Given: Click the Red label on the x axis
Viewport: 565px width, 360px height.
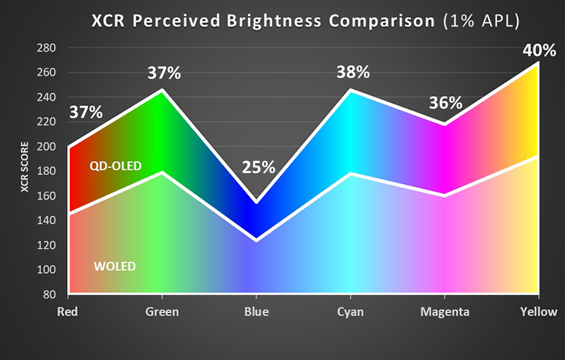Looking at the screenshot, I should point(69,312).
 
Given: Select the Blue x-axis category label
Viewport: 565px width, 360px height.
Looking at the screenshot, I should point(256,312).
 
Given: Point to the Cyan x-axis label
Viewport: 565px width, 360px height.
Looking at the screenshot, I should point(350,312).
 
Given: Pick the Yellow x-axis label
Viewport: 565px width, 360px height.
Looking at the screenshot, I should point(538,312).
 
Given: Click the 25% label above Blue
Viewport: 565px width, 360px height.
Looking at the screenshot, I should point(258,167).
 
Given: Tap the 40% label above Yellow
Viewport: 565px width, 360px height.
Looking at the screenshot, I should point(539,52).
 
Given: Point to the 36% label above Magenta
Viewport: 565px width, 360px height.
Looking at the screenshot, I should point(446,104).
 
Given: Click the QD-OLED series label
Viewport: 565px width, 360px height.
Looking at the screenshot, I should point(116,167).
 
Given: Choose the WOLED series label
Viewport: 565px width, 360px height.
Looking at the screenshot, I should point(114,266).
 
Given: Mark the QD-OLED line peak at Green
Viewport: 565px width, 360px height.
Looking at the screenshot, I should point(162,90).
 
